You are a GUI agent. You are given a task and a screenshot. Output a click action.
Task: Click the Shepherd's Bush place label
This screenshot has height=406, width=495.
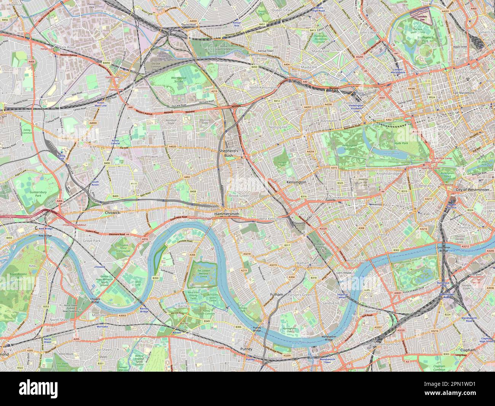228,153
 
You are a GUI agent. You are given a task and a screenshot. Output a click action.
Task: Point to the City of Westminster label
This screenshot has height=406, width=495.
471,189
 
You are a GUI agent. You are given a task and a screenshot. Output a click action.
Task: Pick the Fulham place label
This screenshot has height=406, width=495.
276,295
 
